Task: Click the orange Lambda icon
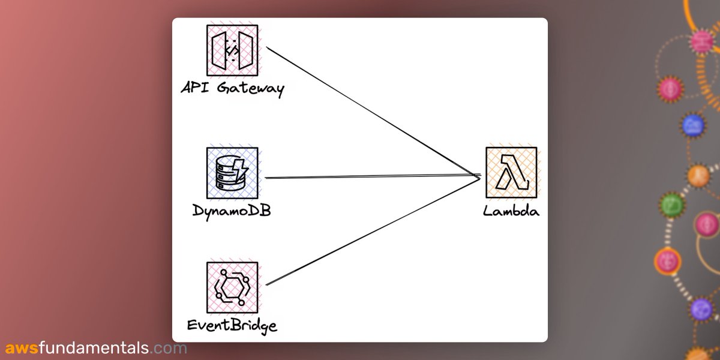(x=511, y=173)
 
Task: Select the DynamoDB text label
(x=232, y=211)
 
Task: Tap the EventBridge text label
(x=232, y=326)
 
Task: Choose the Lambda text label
(x=511, y=211)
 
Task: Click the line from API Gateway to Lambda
(x=372, y=112)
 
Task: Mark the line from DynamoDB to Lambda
(x=372, y=177)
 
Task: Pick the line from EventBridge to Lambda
(x=372, y=231)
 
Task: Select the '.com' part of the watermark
(x=169, y=348)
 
